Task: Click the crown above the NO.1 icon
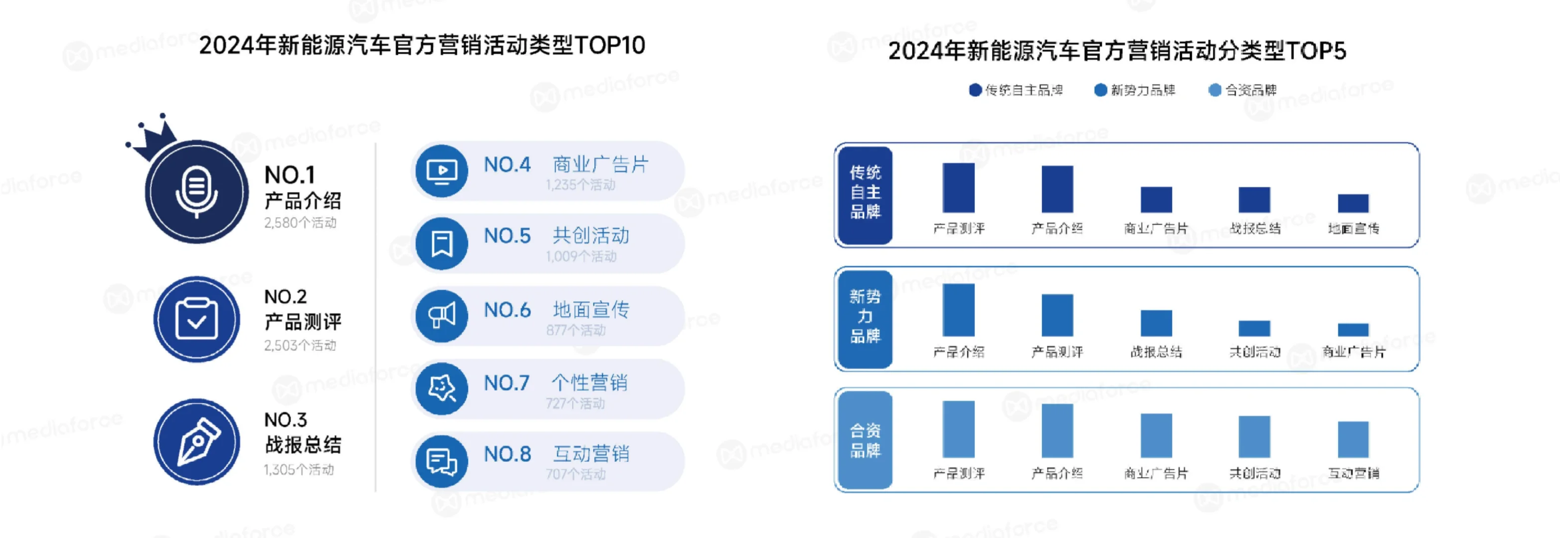pos(153,136)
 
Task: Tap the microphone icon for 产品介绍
pos(196,192)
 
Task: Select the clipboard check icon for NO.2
pos(196,319)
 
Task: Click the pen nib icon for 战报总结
pos(197,442)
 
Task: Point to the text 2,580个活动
pos(300,223)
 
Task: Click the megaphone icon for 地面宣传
pos(441,315)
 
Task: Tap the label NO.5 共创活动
pos(556,236)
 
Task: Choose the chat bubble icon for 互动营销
pos(441,462)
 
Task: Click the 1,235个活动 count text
pos(580,185)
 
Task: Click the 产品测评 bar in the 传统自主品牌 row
pos(959,188)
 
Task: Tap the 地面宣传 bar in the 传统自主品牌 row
pos(1353,203)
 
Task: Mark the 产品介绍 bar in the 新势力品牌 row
pos(959,310)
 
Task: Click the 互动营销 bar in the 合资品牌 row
pos(1353,439)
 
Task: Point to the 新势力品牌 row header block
pos(865,318)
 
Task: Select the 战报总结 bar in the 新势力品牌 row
pos(1156,323)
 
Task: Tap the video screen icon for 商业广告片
pos(441,171)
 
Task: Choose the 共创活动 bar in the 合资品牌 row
pos(1254,436)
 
